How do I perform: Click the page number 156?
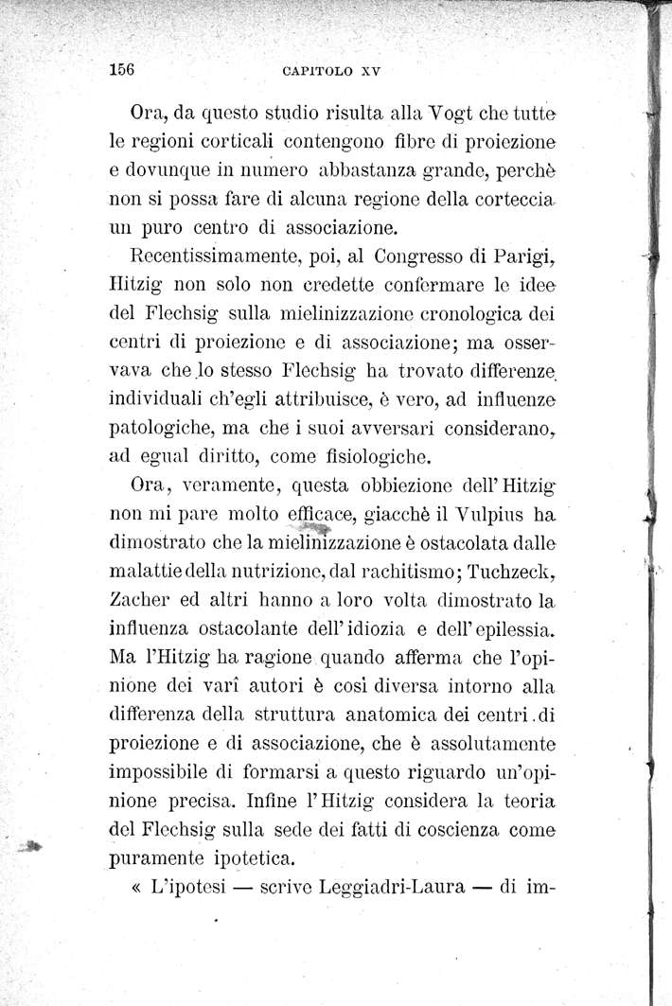(125, 69)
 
